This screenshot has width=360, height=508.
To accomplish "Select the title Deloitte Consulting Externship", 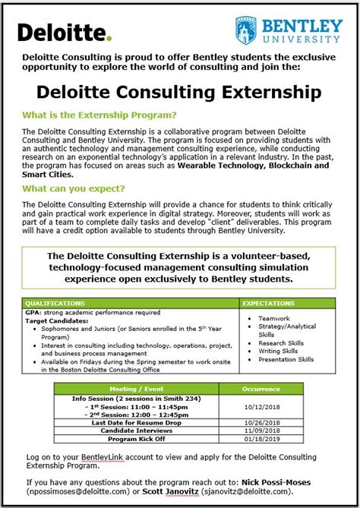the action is [x=178, y=93].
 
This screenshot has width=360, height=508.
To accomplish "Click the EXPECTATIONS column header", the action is [x=267, y=302].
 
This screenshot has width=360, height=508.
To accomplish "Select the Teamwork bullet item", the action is [x=274, y=318].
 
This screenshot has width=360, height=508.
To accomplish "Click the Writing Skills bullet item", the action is [x=279, y=352].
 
